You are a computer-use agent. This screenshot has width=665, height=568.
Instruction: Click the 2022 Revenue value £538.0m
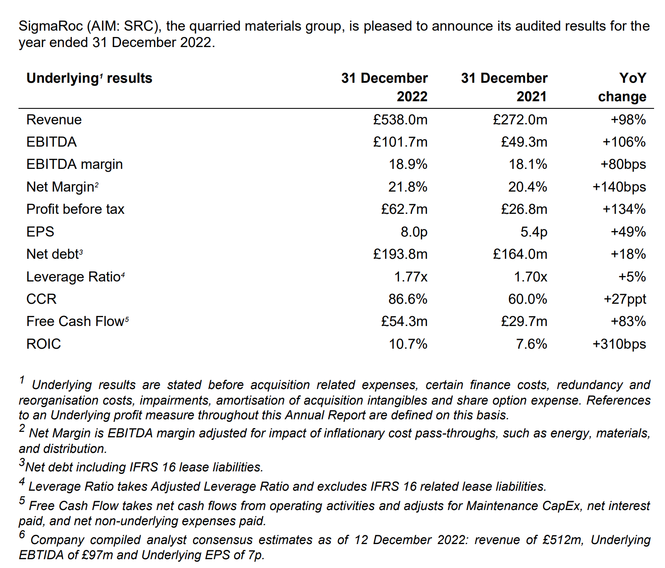click(400, 120)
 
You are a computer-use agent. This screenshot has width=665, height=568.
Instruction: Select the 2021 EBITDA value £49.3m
click(524, 142)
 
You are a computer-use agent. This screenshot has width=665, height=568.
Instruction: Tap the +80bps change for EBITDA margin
click(623, 164)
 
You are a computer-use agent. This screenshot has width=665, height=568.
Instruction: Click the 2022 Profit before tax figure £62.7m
click(404, 209)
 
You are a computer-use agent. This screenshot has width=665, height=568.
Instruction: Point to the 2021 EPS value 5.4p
click(534, 232)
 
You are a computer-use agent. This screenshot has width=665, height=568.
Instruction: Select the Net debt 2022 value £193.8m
click(400, 254)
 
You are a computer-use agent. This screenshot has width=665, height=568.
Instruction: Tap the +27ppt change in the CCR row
click(625, 299)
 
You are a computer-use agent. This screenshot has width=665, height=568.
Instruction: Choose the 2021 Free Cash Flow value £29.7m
click(524, 321)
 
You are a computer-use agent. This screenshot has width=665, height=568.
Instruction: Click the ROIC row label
click(44, 344)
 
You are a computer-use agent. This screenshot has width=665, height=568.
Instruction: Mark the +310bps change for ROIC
click(619, 344)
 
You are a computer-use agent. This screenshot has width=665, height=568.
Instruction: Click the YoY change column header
click(623, 87)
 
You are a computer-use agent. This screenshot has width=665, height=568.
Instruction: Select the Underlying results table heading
click(90, 79)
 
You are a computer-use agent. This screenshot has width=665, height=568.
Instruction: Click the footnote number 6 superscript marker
click(22, 534)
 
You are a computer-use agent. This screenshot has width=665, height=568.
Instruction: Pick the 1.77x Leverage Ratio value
click(411, 277)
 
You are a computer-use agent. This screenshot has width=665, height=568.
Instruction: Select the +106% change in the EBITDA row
click(624, 142)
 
